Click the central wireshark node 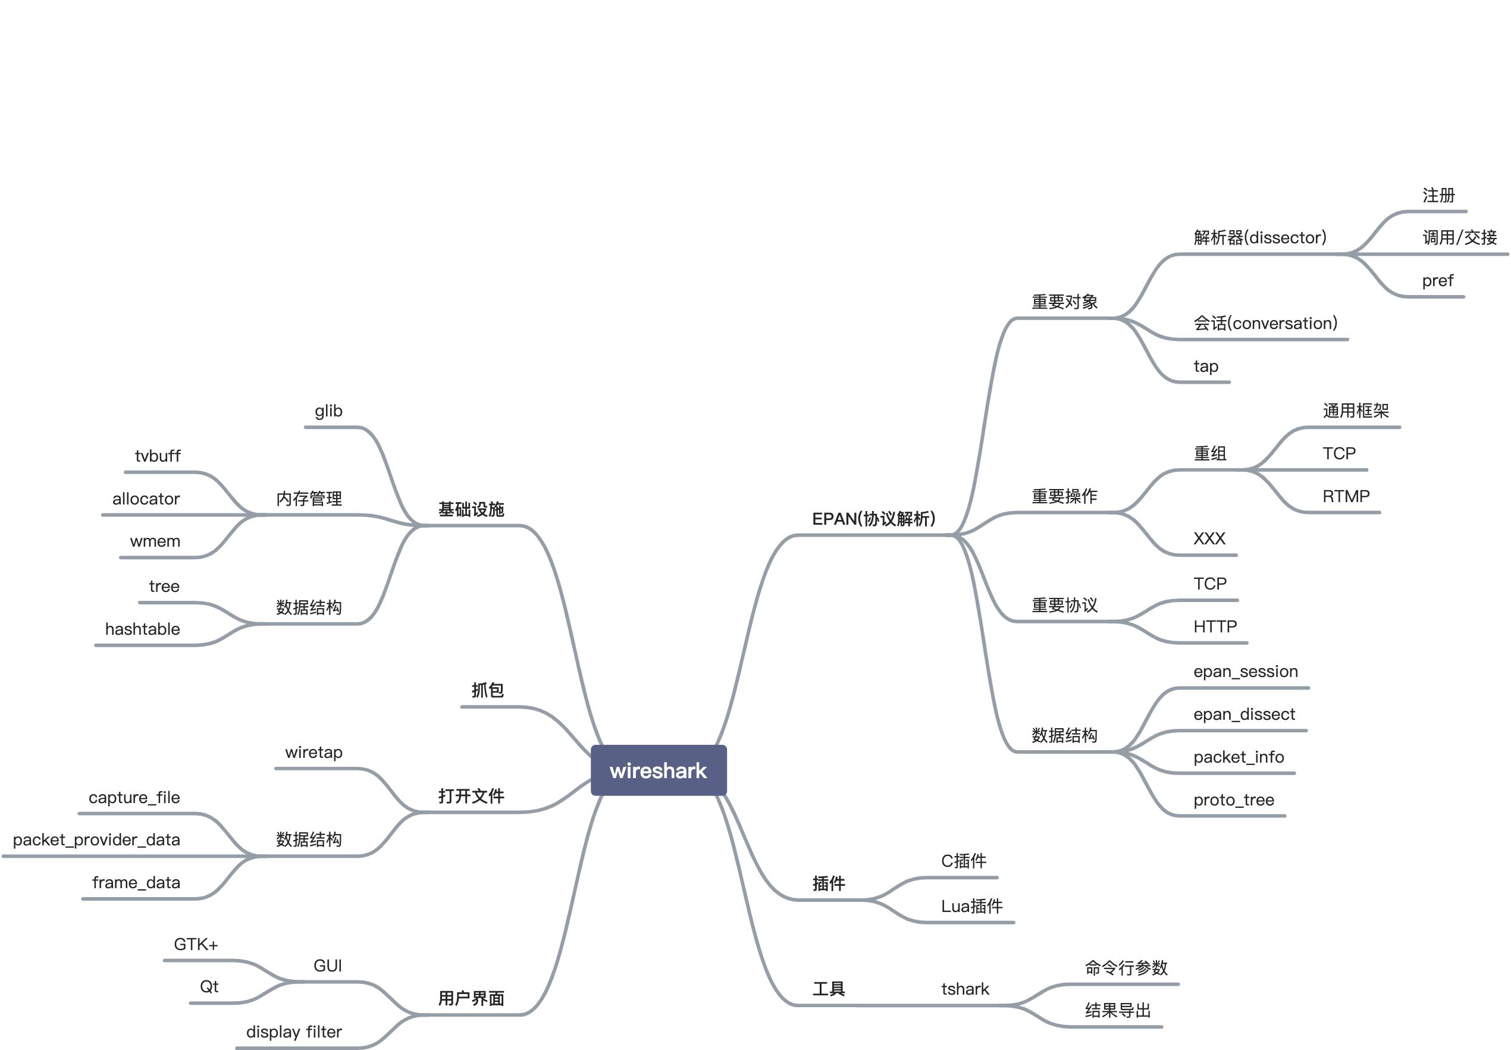point(658,770)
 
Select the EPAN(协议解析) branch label point(873,519)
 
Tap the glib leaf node point(328,411)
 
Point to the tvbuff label point(157,456)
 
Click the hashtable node point(142,629)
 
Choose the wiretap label point(314,753)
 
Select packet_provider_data point(96,840)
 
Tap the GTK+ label point(195,945)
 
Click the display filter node point(293,1032)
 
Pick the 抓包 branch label point(487,690)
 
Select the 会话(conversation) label point(1265,324)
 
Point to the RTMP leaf point(1346,497)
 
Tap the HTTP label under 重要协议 point(1215,627)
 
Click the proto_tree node point(1233,801)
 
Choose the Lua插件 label point(971,907)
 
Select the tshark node point(965,989)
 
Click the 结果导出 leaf point(1118,1011)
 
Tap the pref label point(1437,281)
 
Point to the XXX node point(1209,540)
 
